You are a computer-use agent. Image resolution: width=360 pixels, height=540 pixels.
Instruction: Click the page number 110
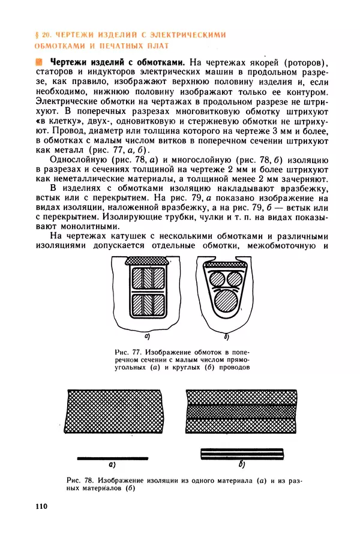41,507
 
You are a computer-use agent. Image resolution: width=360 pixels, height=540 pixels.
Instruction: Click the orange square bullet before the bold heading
40,61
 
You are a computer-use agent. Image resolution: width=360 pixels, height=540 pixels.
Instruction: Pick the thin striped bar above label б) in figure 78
242,454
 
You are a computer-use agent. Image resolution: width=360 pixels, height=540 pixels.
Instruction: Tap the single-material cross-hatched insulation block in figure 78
114,412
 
